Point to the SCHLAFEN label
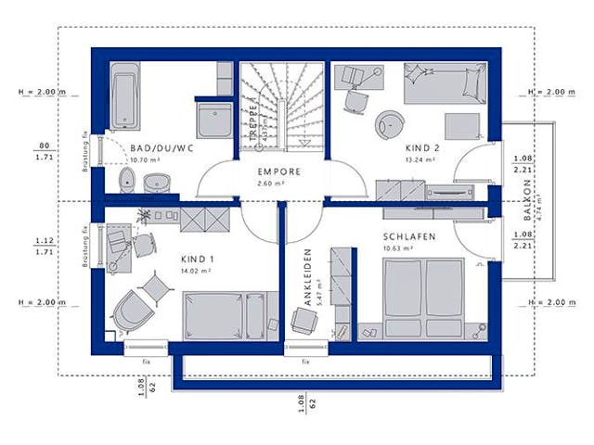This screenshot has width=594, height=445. click(x=409, y=236)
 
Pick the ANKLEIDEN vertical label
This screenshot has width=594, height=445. click(x=308, y=277)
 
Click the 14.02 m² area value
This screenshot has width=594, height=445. click(x=197, y=272)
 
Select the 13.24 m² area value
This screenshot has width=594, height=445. click(x=421, y=159)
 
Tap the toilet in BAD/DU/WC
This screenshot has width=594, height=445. click(x=128, y=179)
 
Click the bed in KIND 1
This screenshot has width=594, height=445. click(x=226, y=315)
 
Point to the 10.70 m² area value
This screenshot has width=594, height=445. click(x=146, y=159)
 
